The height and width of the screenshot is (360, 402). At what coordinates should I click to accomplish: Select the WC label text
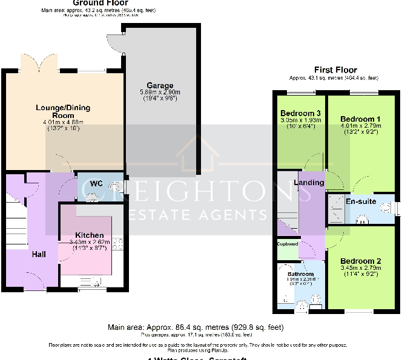pyautogui.click(x=95, y=183)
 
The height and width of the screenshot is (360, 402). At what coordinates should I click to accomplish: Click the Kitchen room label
pyautogui.click(x=89, y=235)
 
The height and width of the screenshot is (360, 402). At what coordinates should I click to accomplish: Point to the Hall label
pyautogui.click(x=39, y=255)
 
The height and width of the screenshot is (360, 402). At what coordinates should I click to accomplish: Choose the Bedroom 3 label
pyautogui.click(x=300, y=113)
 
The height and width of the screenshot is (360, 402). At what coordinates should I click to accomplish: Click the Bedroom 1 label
pyautogui.click(x=360, y=119)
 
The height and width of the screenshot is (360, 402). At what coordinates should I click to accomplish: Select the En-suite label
pyautogui.click(x=361, y=201)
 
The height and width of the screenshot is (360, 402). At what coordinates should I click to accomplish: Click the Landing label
pyautogui.click(x=309, y=183)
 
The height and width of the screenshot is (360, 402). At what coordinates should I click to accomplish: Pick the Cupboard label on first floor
pyautogui.click(x=288, y=244)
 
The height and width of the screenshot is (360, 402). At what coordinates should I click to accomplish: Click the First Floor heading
pyautogui.click(x=335, y=70)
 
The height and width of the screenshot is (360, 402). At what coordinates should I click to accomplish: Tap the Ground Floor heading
pyautogui.click(x=100, y=3)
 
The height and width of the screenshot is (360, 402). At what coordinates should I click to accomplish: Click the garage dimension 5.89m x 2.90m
pyautogui.click(x=159, y=92)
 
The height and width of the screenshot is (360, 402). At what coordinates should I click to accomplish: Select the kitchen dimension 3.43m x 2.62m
pyautogui.click(x=90, y=241)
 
